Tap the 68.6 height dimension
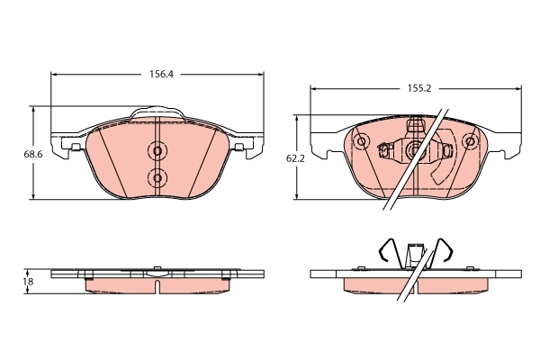33,154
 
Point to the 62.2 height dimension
294,158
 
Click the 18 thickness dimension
28,282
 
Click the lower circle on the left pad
157,178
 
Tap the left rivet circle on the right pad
362,141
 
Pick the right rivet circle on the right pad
468,141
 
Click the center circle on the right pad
414,151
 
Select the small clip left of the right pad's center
388,150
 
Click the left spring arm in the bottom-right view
385,251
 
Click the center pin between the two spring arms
414,254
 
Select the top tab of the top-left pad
157,113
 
